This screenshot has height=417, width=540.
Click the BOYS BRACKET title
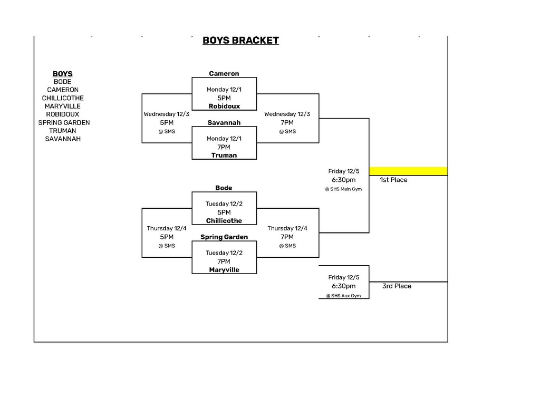[x=240, y=41]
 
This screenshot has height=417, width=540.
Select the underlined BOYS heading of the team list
[x=63, y=74]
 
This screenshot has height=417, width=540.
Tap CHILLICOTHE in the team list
[x=63, y=98]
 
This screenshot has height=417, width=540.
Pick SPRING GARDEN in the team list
[x=64, y=122]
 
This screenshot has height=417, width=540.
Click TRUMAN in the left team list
[x=63, y=131]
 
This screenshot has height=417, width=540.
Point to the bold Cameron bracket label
[x=224, y=74]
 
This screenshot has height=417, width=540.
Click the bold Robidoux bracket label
[x=224, y=106]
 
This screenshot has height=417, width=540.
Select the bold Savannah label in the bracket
[x=224, y=123]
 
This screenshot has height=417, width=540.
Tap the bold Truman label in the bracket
[x=224, y=156]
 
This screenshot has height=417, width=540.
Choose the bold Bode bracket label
[x=224, y=188]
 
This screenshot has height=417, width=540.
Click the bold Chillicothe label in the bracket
[x=224, y=221]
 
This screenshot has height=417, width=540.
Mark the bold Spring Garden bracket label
[x=224, y=237]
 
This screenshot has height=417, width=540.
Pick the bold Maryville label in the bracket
[x=224, y=270]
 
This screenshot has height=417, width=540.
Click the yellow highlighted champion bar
[x=408, y=171]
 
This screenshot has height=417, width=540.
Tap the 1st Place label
[x=393, y=180]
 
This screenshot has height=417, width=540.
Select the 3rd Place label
[x=397, y=286]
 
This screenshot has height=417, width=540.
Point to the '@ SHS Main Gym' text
[x=343, y=189]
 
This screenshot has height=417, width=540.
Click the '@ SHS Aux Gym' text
[x=343, y=296]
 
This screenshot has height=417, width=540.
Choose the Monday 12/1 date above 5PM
[x=224, y=90]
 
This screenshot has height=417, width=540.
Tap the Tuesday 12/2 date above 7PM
[x=224, y=253]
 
